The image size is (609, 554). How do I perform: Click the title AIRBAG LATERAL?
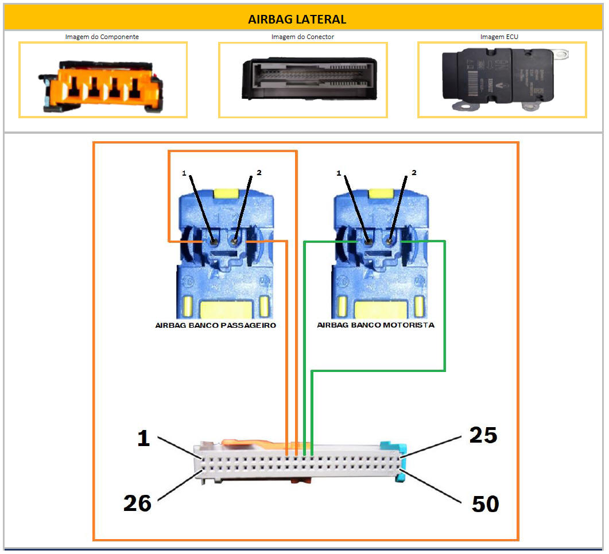click(x=297, y=20)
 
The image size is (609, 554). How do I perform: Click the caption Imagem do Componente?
click(x=102, y=37)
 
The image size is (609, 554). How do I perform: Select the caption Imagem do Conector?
click(x=302, y=37)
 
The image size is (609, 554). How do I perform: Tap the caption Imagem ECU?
click(x=499, y=37)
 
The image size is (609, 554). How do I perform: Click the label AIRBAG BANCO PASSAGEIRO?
click(x=216, y=326)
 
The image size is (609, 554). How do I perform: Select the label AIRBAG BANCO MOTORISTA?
click(x=375, y=325)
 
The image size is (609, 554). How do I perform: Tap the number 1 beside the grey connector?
click(x=143, y=439)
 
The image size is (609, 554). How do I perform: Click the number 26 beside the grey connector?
click(x=137, y=503)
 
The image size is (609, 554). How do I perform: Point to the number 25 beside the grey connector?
click(x=483, y=435)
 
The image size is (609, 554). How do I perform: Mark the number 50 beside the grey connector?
click(x=485, y=505)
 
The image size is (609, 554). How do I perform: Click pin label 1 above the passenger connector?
click(x=184, y=173)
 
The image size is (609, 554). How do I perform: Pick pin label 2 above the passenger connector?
click(x=259, y=172)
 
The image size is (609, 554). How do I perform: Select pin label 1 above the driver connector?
click(x=339, y=173)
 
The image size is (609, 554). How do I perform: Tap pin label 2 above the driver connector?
click(x=414, y=172)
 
